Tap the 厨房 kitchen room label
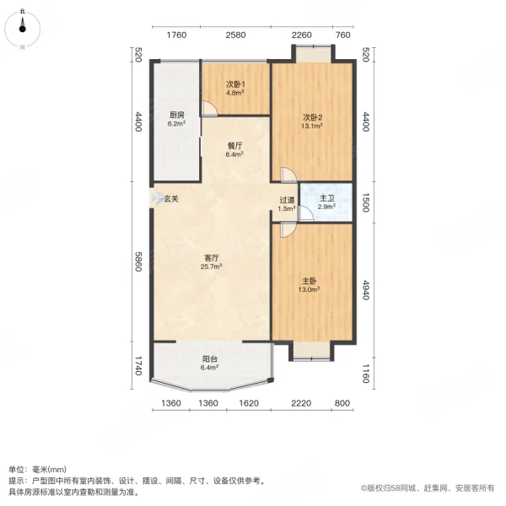tap(176, 119)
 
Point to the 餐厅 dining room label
tap(234, 149)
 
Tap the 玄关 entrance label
tap(171, 198)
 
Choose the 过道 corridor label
tap(288, 203)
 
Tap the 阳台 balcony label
tap(210, 363)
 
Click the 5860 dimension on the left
tap(137, 262)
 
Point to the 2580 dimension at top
tap(235, 35)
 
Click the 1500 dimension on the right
tap(365, 202)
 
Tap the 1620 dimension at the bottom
tap(248, 404)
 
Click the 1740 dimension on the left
tap(137, 365)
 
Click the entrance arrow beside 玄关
tap(155, 198)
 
